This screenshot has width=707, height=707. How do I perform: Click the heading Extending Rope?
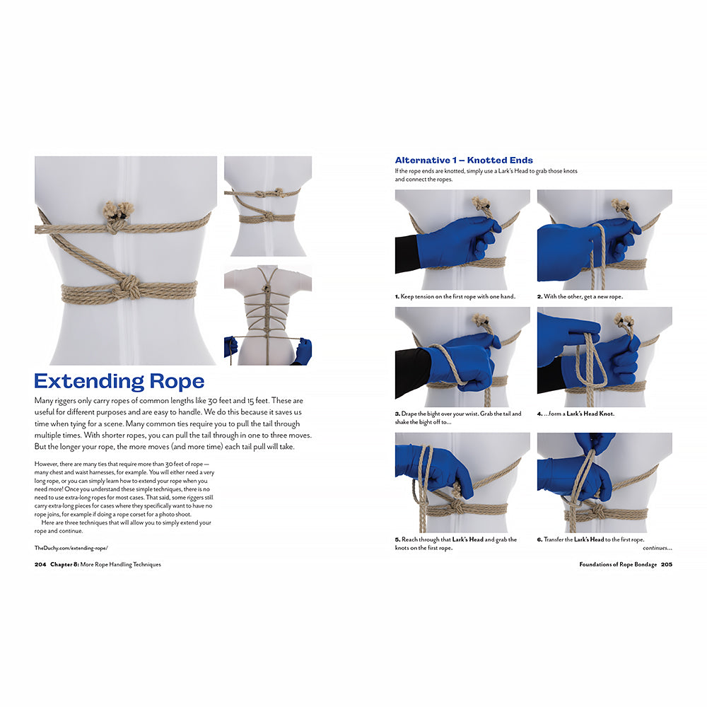coord(119,382)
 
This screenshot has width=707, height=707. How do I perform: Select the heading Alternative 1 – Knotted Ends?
coord(464,160)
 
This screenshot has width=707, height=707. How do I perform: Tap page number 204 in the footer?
coord(40,565)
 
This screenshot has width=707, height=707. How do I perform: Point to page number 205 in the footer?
coord(666,565)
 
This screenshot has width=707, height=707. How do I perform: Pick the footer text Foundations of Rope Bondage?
coord(618,565)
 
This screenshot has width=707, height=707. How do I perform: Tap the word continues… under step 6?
coord(657,548)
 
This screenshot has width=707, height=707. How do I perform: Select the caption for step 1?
coord(455,296)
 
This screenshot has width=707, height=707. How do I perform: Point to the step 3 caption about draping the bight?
coord(458,418)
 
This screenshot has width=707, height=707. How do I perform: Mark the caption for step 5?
coord(456,544)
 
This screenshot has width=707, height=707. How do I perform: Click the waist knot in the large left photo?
coord(129,288)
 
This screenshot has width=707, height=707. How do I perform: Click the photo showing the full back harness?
coord(267,315)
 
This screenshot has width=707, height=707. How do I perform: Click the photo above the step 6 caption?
coord(604,482)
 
